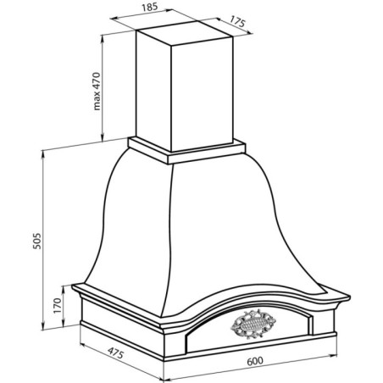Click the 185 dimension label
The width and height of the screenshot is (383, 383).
(149, 7)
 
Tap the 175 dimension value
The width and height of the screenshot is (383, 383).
(237, 21)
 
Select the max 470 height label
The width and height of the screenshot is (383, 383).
(97, 91)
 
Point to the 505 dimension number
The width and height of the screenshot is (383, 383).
(37, 241)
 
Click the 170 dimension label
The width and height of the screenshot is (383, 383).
(58, 305)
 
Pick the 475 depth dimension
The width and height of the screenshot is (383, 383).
(116, 352)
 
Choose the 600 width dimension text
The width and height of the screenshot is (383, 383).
(255, 361)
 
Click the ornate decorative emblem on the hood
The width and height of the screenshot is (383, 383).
(253, 324)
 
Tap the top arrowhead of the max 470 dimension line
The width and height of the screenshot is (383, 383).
(102, 38)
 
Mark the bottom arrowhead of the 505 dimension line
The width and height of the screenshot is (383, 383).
(43, 326)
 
